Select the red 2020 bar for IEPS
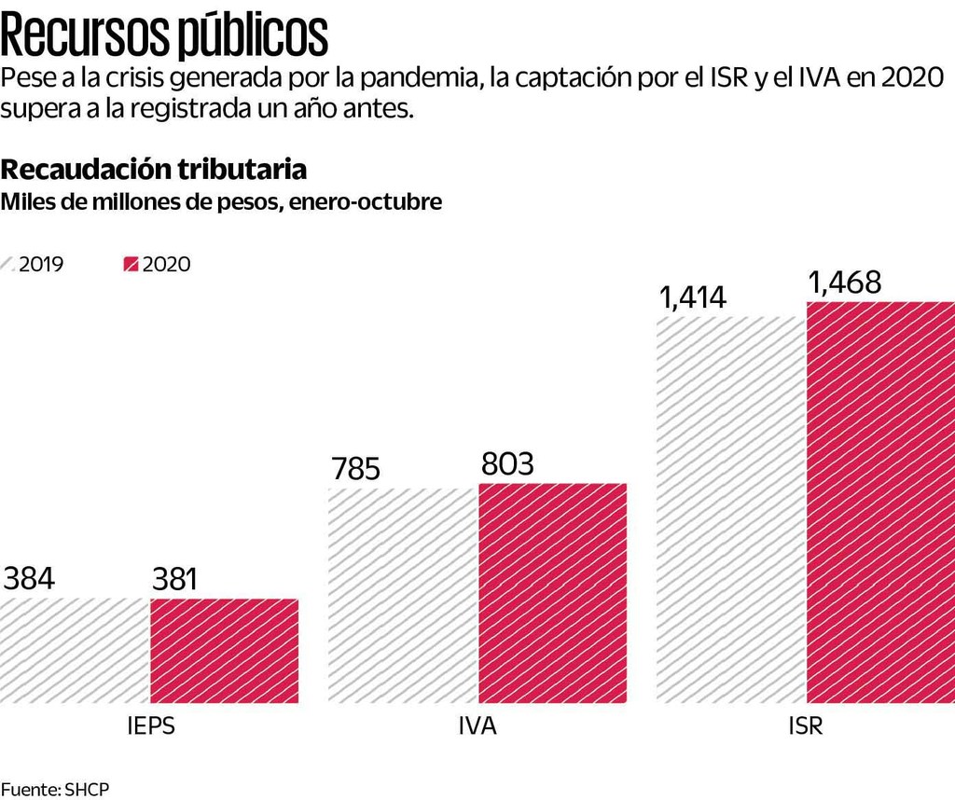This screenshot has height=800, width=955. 224,650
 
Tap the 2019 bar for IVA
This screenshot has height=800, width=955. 404,594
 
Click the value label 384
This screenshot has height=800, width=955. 29,579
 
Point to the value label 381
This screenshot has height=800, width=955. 175,580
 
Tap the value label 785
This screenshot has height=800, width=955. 355,469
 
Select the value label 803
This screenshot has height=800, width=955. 506,464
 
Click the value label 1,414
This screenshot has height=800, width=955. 692,297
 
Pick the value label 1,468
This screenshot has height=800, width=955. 844,283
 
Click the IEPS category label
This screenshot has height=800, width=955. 150,726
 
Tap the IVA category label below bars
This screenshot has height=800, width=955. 477,726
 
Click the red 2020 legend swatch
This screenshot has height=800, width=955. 131,265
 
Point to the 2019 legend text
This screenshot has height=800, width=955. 41,265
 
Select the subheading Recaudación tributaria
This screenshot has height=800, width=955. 154,170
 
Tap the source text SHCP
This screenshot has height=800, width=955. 87,789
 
